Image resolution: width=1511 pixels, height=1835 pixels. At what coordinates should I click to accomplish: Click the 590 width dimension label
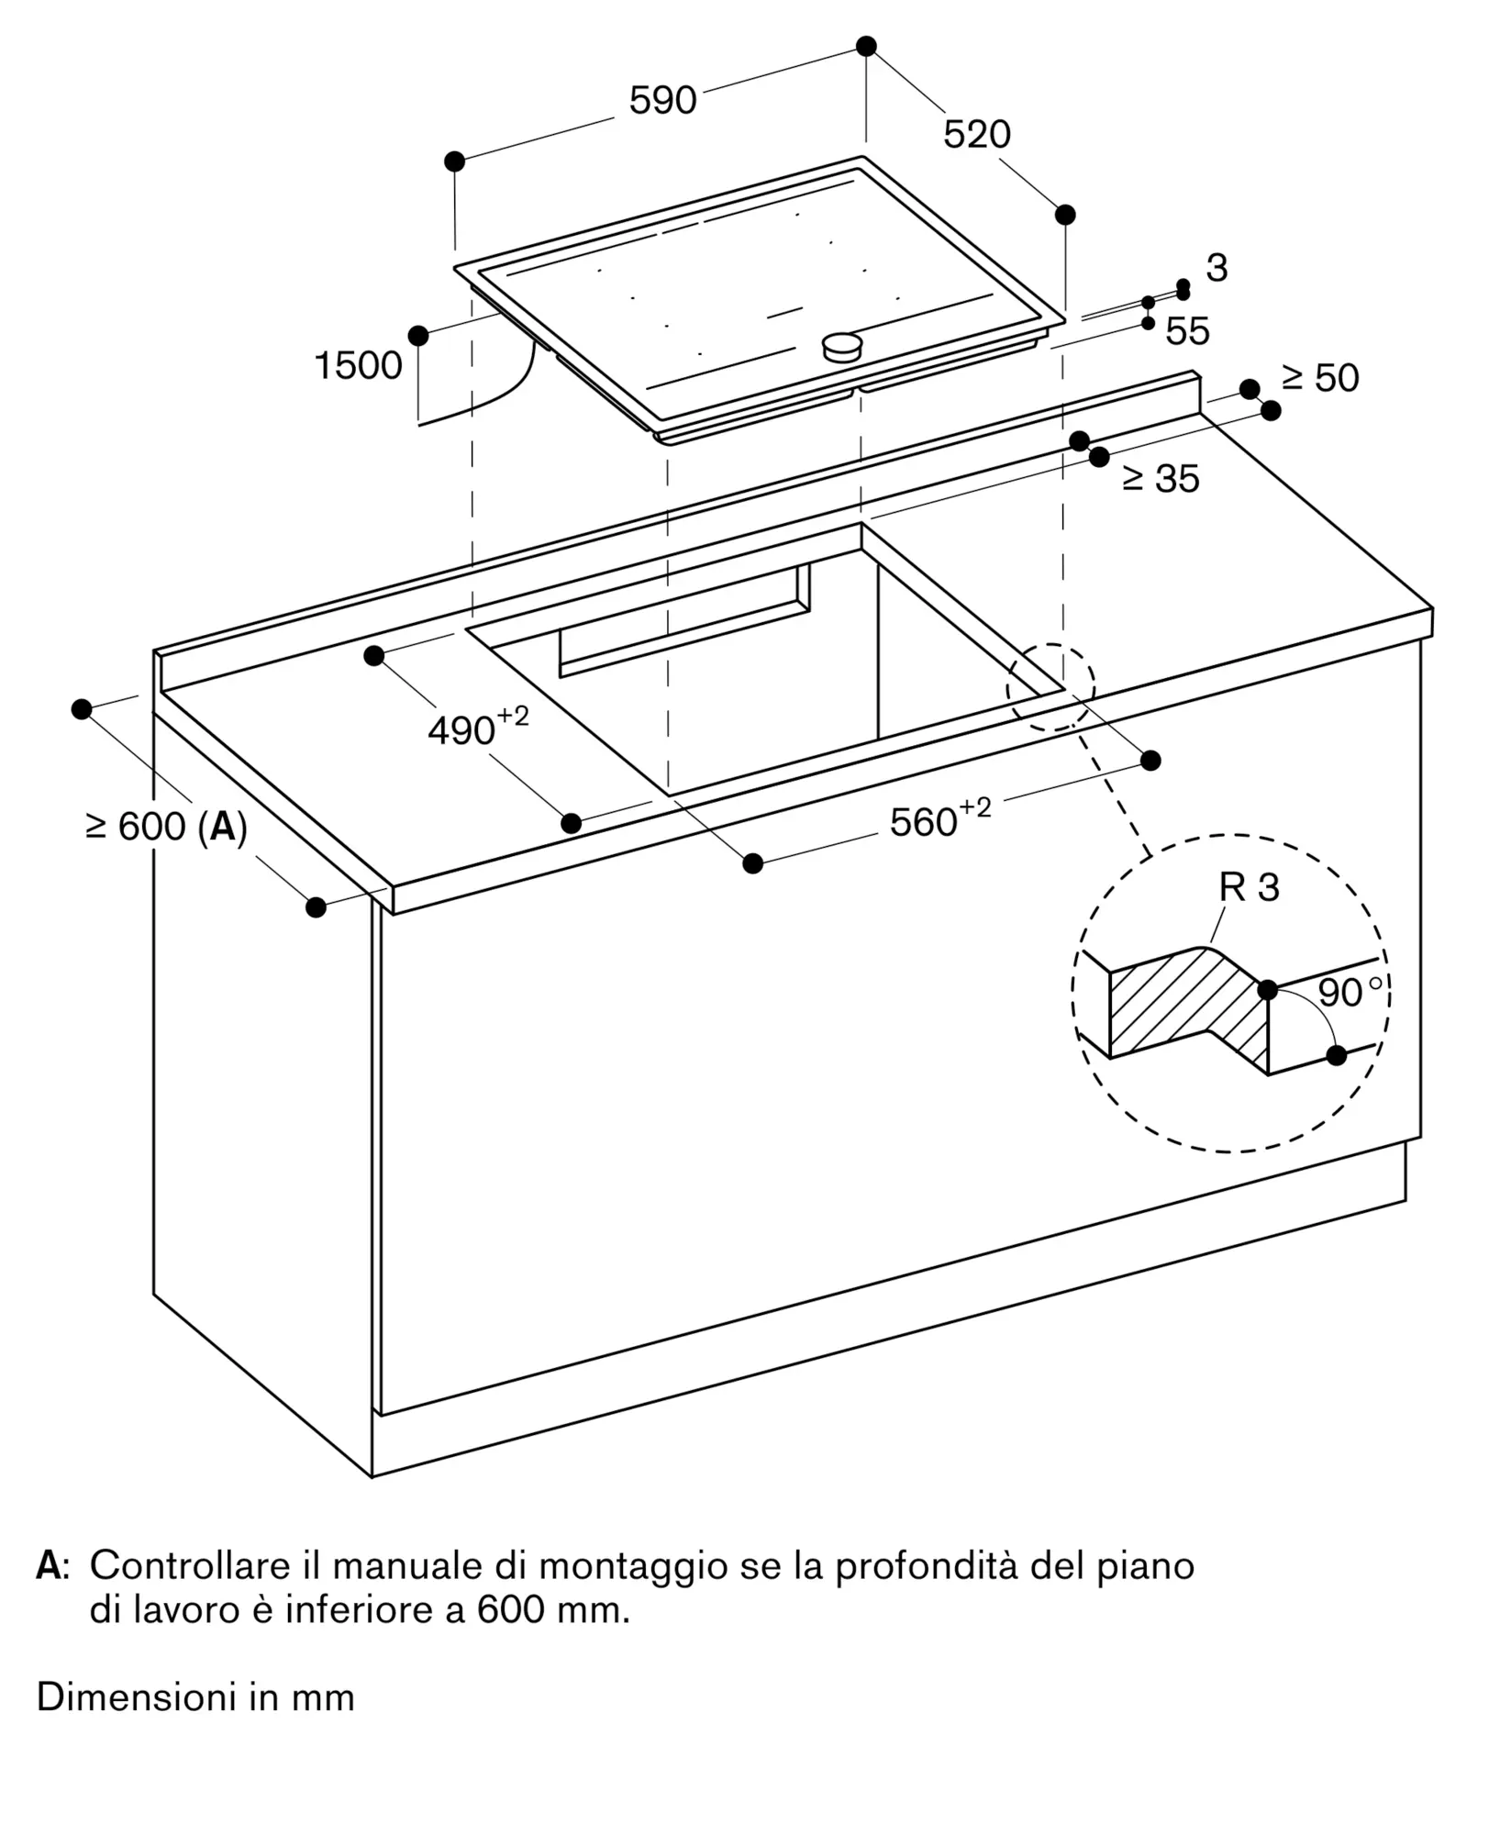click(x=662, y=100)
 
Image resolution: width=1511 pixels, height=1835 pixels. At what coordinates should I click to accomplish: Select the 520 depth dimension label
click(x=977, y=135)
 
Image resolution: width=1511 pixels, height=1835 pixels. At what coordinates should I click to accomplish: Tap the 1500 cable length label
click(x=358, y=366)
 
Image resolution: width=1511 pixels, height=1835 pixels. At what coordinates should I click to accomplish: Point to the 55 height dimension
click(x=1187, y=331)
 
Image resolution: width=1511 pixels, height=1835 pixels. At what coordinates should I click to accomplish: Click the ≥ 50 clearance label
click(x=1321, y=378)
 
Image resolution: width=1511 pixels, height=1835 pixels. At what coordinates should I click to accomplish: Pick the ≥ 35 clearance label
click(x=1161, y=478)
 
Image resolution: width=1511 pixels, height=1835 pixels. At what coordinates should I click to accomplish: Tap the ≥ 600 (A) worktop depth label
click(x=166, y=828)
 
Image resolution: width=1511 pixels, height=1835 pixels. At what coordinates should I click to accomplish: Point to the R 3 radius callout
click(x=1249, y=887)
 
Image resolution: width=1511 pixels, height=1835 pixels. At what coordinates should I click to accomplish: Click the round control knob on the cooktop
click(x=843, y=348)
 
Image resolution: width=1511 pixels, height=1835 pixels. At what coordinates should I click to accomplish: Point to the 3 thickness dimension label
click(x=1217, y=268)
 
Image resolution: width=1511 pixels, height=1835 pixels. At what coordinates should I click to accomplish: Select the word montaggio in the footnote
click(x=635, y=1569)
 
